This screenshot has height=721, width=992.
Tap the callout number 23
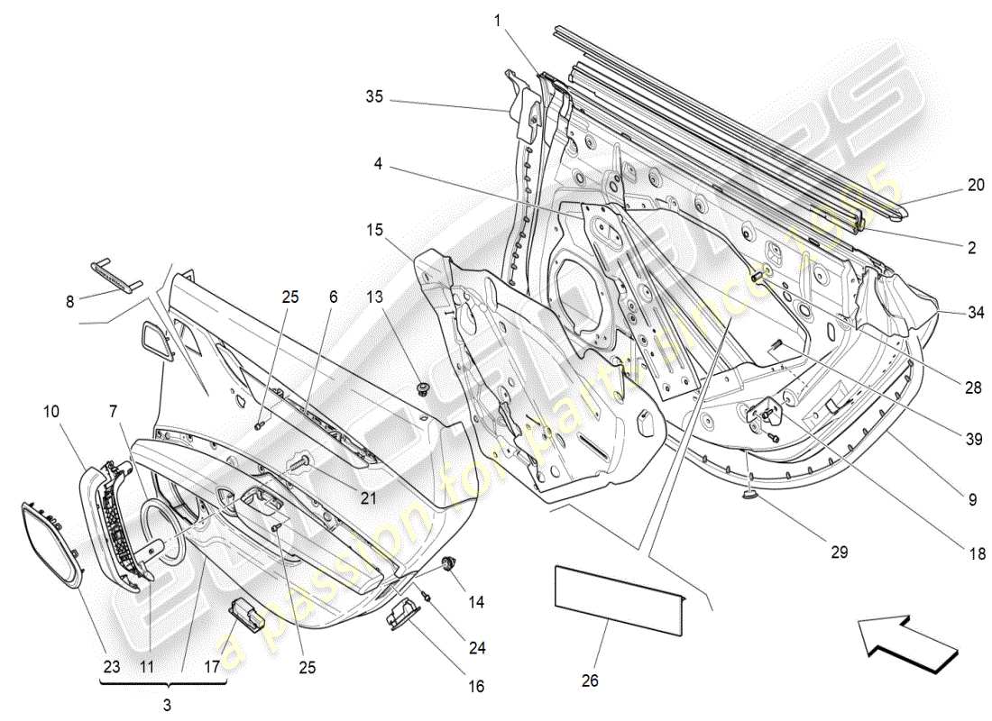111,668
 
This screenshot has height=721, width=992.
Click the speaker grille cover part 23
51,543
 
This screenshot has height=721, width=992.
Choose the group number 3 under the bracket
166,702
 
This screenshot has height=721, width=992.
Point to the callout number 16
475,687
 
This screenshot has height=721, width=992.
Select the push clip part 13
425,389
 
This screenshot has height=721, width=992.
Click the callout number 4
378,164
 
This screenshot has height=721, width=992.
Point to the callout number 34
975,314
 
